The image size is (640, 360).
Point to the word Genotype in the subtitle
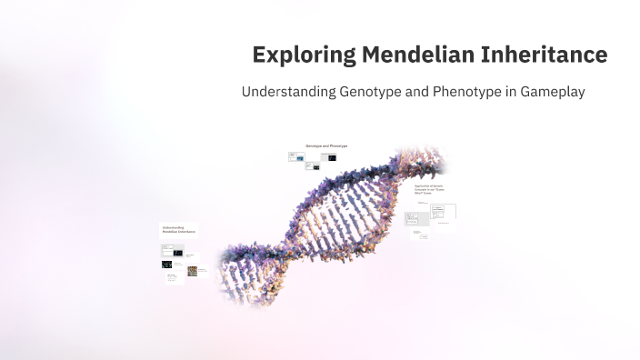pyautogui.click(x=372, y=93)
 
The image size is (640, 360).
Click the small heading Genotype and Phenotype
pyautogui.click(x=325, y=145)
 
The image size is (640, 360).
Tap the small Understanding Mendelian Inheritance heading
pyautogui.click(x=178, y=230)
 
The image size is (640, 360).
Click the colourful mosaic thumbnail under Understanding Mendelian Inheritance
pyautogui.click(x=193, y=270)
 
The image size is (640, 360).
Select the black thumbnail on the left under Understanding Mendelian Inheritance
pyautogui.click(x=167, y=265)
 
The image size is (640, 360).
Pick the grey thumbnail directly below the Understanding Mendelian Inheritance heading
pyautogui.click(x=167, y=248)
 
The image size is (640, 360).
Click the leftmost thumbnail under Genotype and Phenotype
pyautogui.click(x=295, y=156)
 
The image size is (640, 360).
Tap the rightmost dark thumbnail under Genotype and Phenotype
pyautogui.click(x=332, y=157)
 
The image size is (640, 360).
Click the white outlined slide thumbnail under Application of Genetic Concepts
pyautogui.click(x=444, y=211)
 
